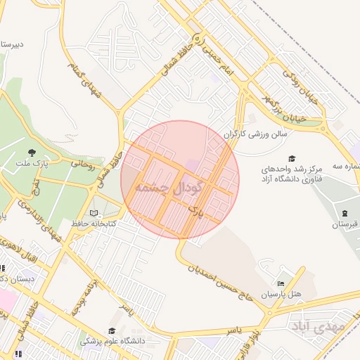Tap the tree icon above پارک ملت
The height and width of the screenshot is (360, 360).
32,152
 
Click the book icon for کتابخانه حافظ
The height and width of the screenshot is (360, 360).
95,212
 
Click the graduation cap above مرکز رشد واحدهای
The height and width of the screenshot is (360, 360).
292,158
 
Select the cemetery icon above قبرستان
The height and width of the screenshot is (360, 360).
344,213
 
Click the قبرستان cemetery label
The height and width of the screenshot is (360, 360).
345,225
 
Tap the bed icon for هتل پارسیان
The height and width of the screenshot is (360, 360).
281,283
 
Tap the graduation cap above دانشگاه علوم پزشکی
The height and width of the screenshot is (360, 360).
111,330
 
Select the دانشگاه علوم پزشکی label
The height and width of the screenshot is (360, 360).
111,342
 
